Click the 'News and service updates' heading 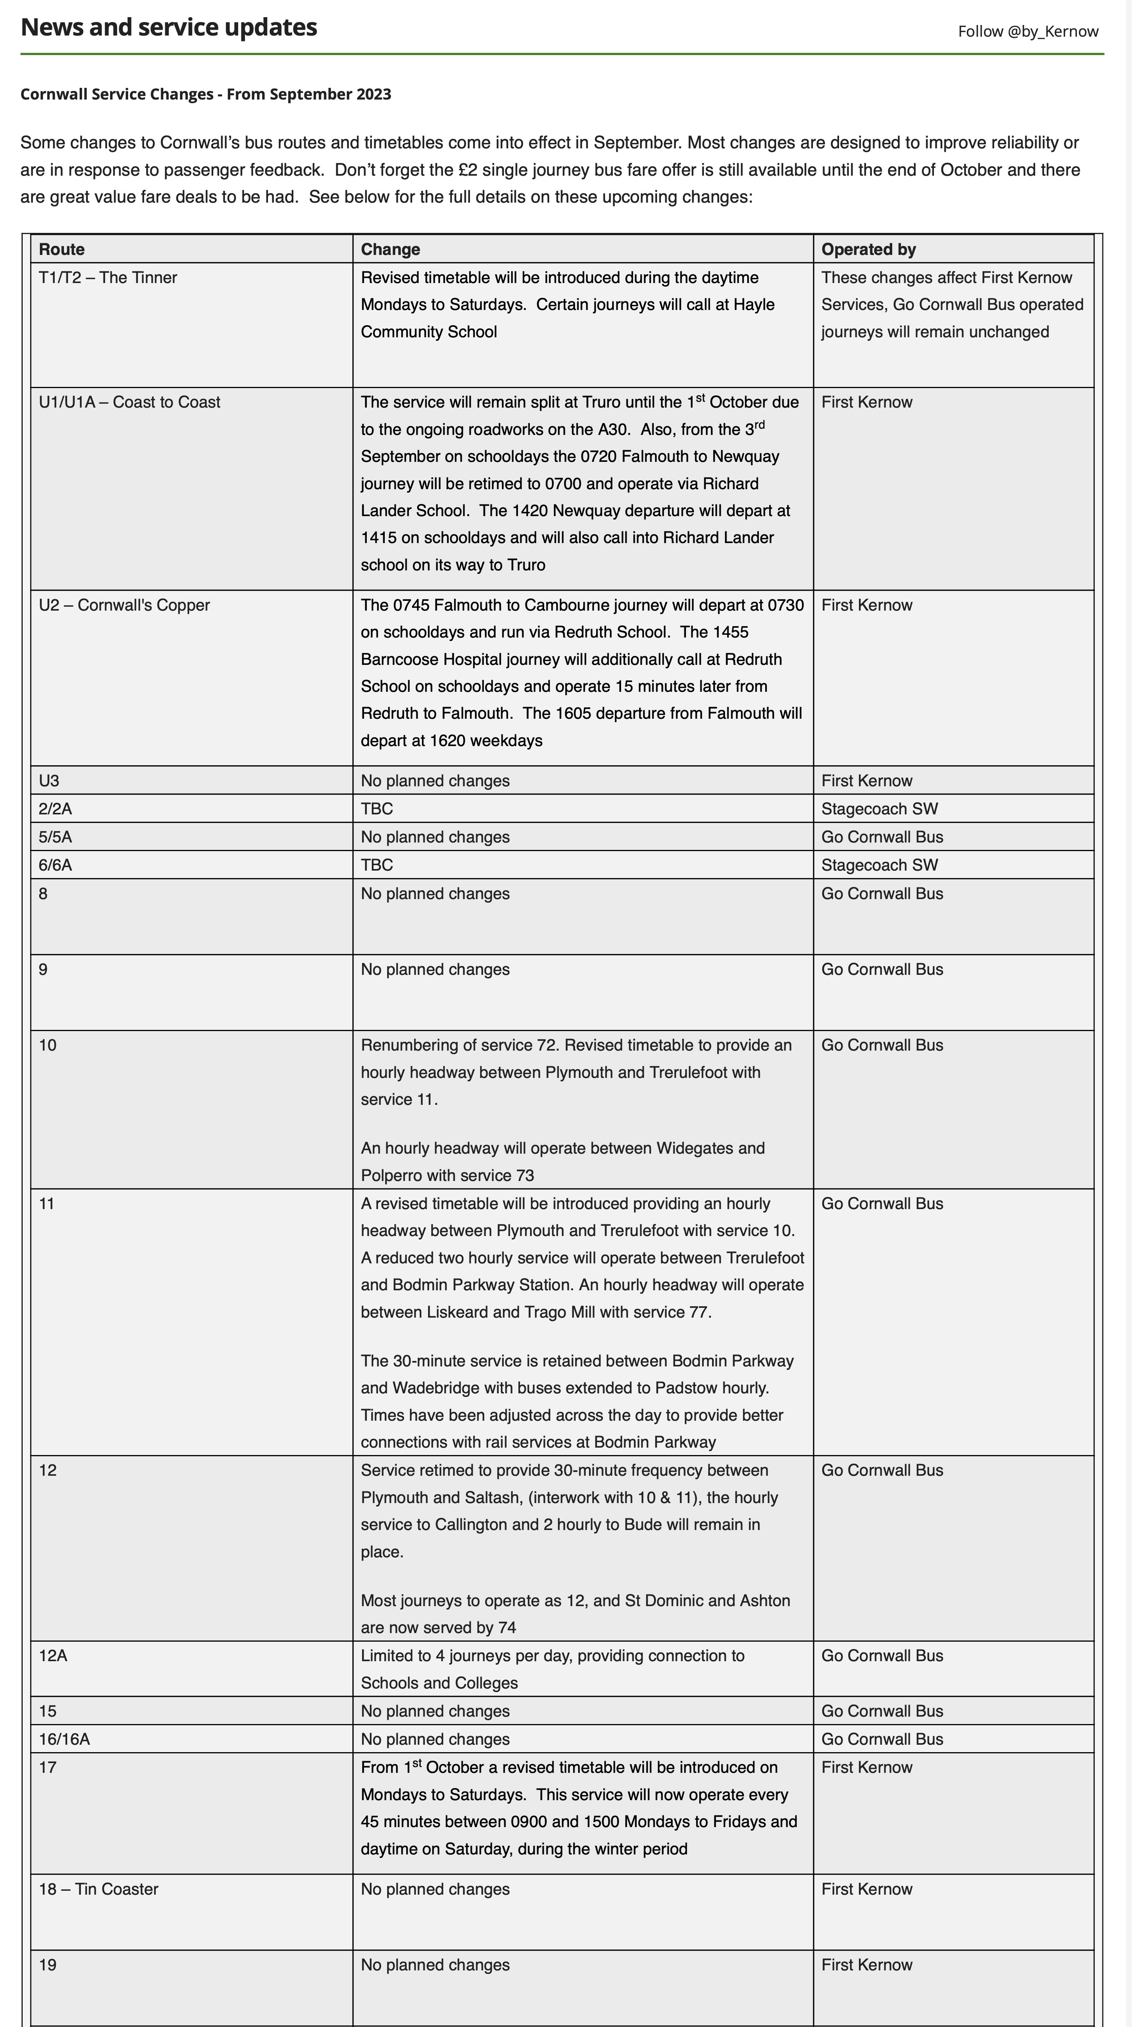(x=168, y=28)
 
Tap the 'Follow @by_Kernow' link (x=1027, y=32)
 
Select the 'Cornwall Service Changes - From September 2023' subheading (x=205, y=94)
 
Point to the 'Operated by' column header (x=868, y=249)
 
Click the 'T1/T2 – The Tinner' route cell (x=108, y=278)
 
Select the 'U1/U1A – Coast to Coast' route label (x=129, y=402)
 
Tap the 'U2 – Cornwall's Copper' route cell (x=124, y=605)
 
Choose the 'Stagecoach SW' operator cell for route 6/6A (x=879, y=865)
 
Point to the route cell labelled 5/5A (x=55, y=837)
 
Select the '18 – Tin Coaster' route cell (x=98, y=1889)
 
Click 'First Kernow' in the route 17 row (x=867, y=1767)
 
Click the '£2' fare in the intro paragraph (x=468, y=170)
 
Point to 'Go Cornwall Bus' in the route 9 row (x=882, y=969)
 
